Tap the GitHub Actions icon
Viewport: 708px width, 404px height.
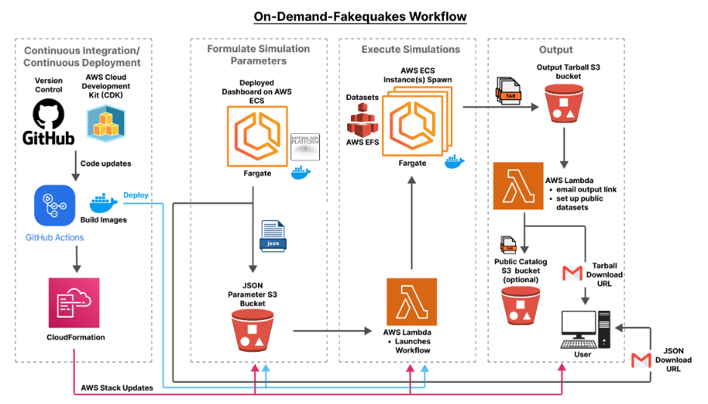pos(53,207)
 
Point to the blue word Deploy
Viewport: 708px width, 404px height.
pos(135,194)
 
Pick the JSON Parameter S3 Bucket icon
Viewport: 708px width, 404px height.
pos(253,332)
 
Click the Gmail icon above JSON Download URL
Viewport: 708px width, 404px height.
pos(641,360)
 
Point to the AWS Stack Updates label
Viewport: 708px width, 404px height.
pos(117,387)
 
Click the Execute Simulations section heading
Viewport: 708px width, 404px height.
pos(411,49)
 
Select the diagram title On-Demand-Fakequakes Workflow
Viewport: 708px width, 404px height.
pos(354,16)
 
